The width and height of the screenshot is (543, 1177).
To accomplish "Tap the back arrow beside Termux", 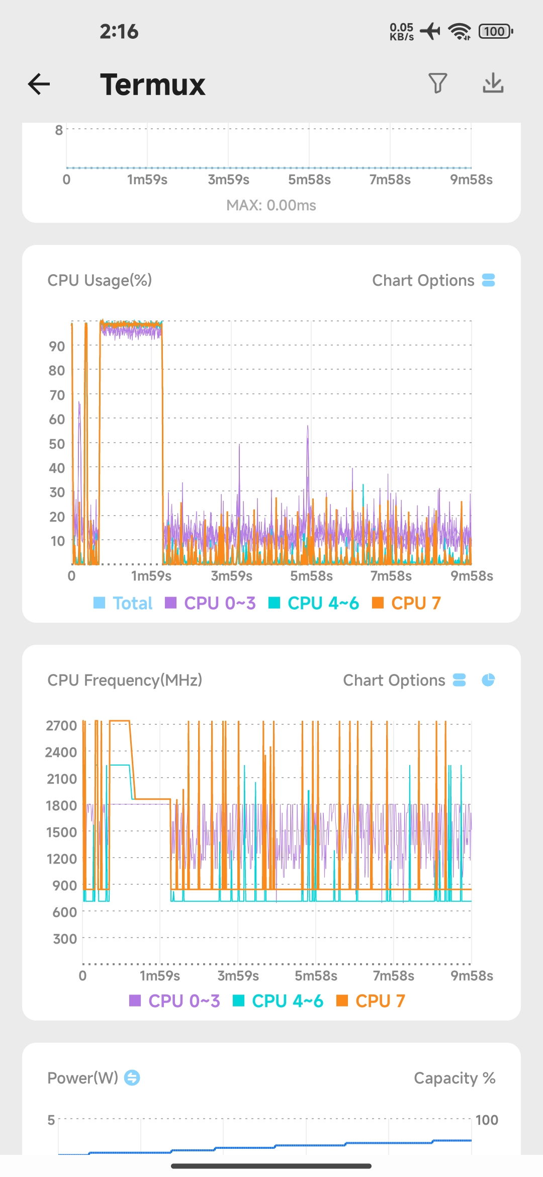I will [39, 83].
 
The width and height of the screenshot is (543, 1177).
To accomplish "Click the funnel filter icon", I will [437, 83].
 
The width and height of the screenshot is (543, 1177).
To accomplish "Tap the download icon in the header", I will [493, 83].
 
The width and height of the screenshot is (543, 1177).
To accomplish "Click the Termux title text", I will [152, 85].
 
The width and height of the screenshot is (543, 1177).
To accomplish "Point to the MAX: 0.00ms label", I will [271, 205].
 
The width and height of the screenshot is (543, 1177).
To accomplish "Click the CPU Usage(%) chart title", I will [100, 280].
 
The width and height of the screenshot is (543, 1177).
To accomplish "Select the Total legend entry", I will [123, 603].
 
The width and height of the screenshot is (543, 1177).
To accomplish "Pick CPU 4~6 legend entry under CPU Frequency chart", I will [278, 1001].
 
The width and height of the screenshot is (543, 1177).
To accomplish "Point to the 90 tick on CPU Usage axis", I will [57, 346].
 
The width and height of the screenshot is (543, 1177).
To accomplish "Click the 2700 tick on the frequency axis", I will [61, 725].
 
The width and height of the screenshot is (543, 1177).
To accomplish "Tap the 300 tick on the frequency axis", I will [65, 939].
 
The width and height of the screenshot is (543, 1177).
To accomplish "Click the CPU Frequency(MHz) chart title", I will [125, 680].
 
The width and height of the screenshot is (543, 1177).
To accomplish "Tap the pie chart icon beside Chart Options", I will [488, 680].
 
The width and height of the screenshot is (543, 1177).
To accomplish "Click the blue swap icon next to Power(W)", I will [132, 1078].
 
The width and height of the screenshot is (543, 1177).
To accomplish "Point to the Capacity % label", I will [455, 1078].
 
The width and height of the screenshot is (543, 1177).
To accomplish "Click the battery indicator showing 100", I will [496, 31].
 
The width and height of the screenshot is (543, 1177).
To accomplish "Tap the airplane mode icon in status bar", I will [430, 31].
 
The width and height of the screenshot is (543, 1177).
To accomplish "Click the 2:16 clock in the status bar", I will [119, 31].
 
